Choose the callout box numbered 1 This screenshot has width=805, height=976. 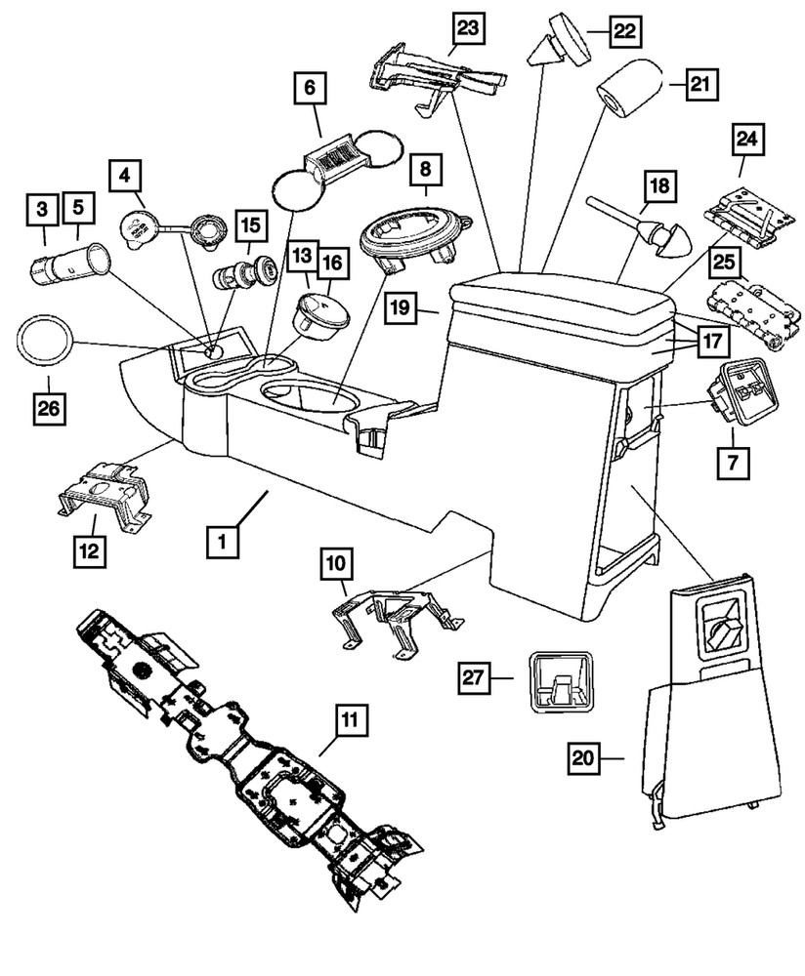point(223,540)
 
